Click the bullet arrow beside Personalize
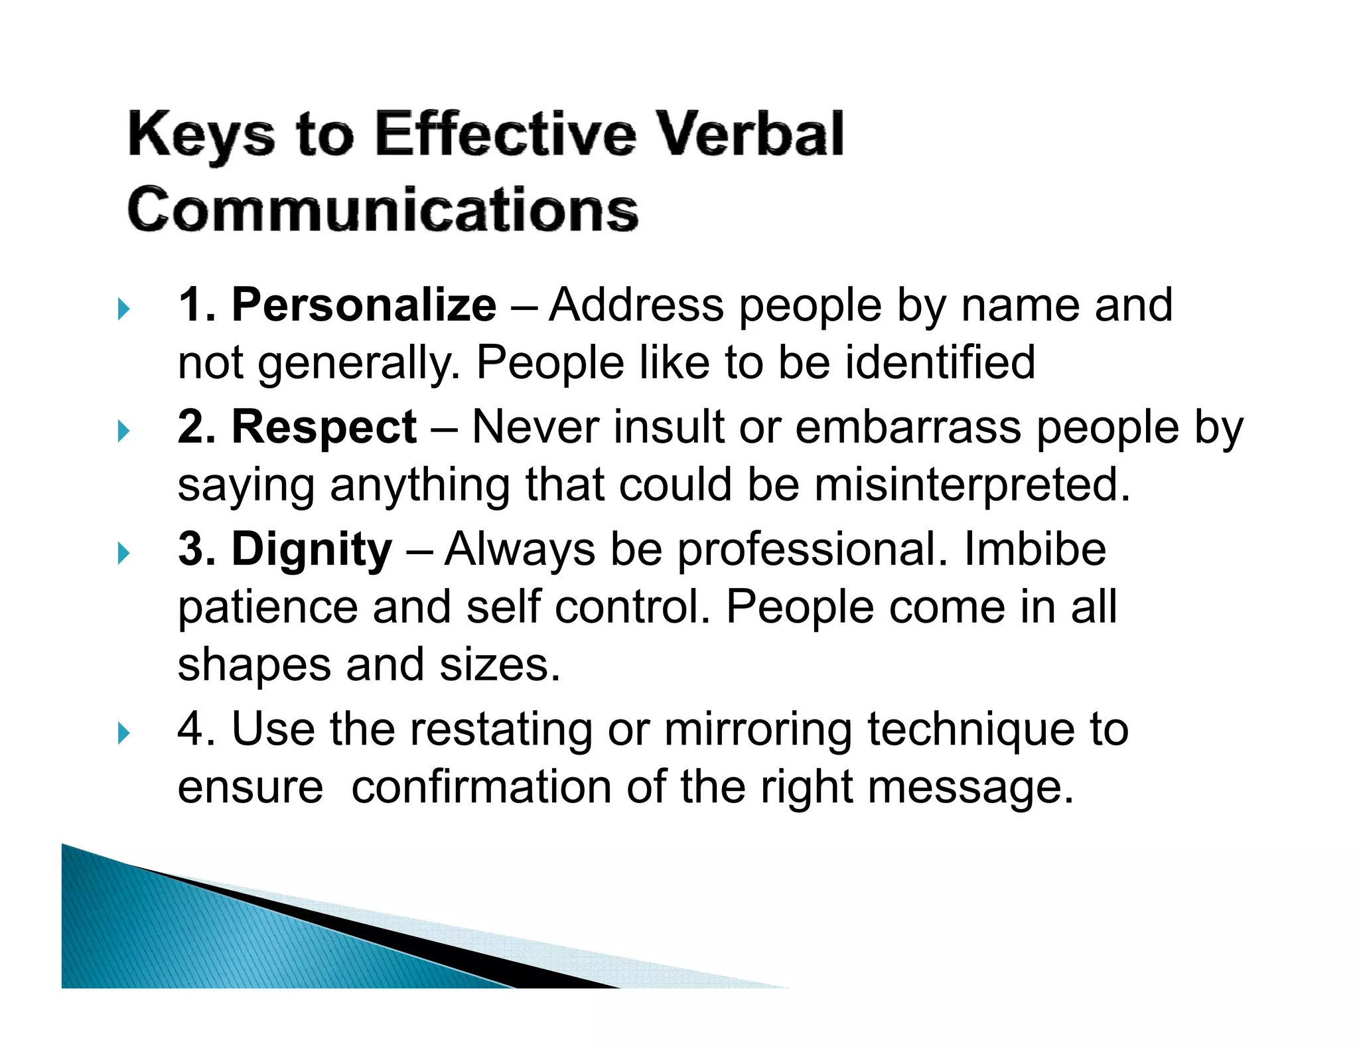coord(123,308)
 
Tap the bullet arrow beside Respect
coord(123,431)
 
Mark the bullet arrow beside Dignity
coord(123,553)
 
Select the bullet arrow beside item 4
coord(123,733)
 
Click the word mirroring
coord(758,729)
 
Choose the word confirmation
coord(481,787)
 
